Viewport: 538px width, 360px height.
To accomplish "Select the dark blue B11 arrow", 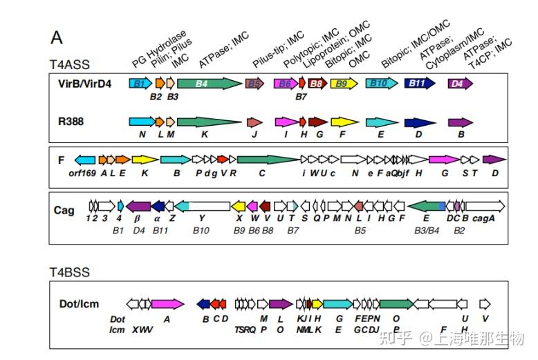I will (418, 84).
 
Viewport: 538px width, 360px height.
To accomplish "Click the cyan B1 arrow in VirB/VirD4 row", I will (140, 84).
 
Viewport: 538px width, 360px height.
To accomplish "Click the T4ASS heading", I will (69, 64).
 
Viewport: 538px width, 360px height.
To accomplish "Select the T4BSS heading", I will (69, 272).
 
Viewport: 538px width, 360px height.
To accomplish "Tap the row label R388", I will (72, 121).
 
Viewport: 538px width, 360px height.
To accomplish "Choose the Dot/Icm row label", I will (77, 303).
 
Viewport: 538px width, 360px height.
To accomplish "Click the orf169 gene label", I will (81, 173).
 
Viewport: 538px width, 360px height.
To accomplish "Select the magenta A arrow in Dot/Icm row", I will (167, 303).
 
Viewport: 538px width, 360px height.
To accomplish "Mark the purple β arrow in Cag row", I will (138, 206).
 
